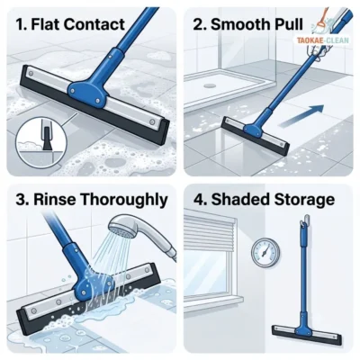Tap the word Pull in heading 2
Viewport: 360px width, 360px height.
click(x=287, y=24)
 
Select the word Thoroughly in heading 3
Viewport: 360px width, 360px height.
click(x=124, y=200)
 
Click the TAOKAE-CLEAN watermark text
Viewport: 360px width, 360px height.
click(x=323, y=40)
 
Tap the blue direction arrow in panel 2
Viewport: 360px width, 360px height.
click(x=302, y=114)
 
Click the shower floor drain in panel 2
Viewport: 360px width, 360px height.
click(x=210, y=85)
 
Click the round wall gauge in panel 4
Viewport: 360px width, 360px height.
click(x=265, y=252)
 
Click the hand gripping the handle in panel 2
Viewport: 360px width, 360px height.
click(x=317, y=53)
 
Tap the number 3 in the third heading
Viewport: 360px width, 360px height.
click(x=21, y=200)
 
